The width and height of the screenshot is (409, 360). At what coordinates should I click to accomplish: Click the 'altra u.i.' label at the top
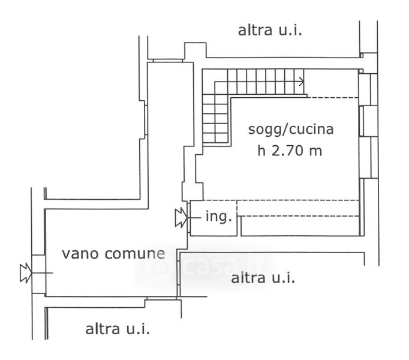pos(270,30)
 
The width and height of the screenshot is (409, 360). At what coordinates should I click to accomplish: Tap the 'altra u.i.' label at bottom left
pos(118,329)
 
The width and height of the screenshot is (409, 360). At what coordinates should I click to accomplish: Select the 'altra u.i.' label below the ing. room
pos(263,278)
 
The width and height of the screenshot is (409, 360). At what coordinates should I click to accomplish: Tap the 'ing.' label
pos(218,217)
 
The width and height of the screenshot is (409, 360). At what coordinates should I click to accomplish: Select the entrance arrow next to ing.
pos(179,217)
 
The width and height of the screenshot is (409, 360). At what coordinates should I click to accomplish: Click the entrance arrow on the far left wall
pos(26,273)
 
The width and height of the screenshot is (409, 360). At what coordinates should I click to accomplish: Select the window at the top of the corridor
pos(166,59)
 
